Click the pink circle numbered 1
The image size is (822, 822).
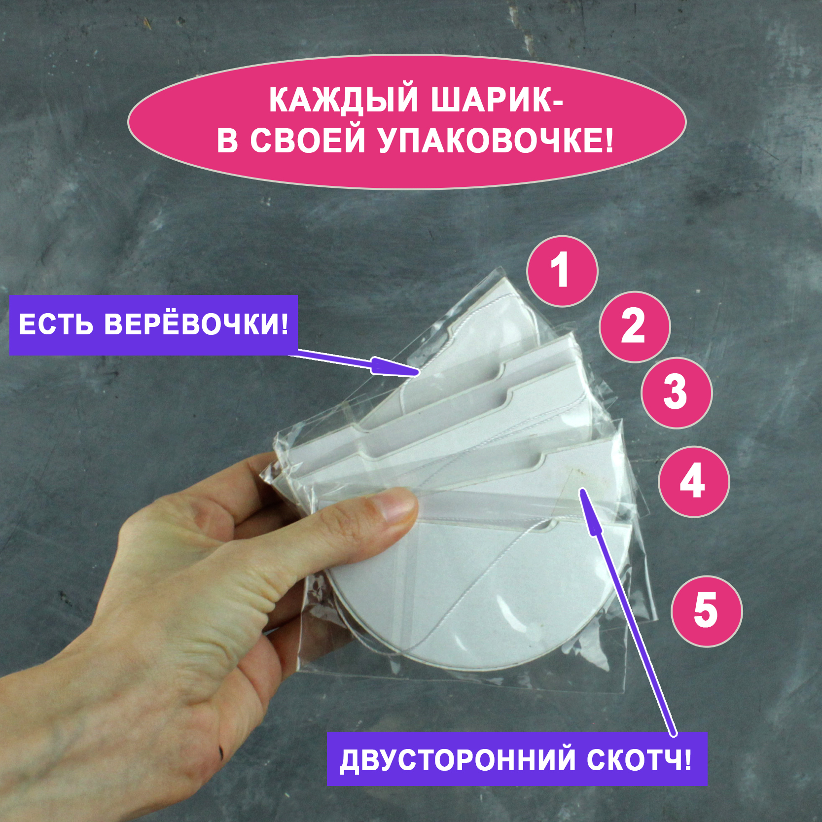click(x=562, y=271)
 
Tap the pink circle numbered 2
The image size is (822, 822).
click(x=635, y=326)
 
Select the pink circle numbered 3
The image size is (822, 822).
click(x=677, y=393)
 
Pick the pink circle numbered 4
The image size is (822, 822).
click(x=694, y=481)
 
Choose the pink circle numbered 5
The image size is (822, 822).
click(x=707, y=611)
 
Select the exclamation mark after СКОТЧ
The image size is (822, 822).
click(x=688, y=760)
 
